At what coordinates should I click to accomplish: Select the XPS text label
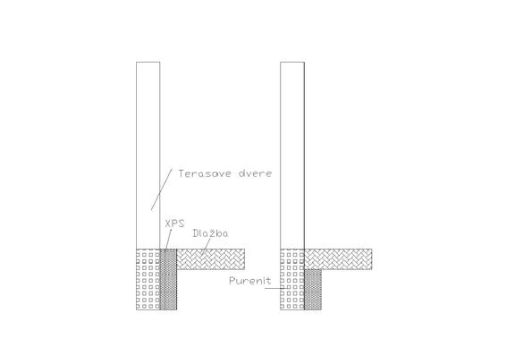174,224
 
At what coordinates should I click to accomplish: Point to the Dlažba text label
210,233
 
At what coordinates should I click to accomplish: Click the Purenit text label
250,281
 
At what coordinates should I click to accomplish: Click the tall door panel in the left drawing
148,156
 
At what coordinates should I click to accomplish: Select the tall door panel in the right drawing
292,156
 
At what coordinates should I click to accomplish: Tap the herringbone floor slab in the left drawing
211,259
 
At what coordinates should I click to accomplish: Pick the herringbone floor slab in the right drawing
338,259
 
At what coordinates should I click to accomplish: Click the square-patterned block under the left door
148,280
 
